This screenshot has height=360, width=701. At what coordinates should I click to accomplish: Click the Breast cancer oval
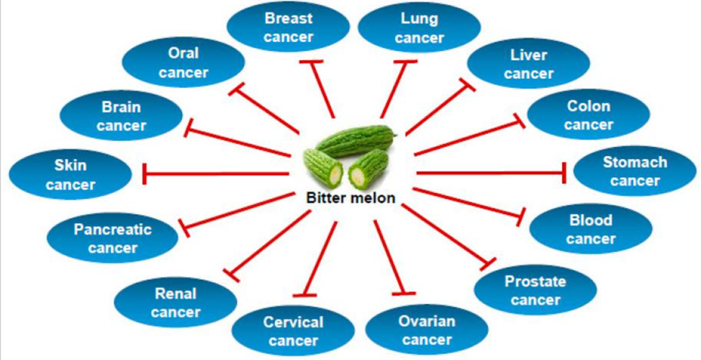click(x=288, y=27)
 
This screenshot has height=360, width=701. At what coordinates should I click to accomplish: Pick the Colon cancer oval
click(x=588, y=115)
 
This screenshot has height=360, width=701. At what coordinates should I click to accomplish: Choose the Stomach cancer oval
click(x=634, y=171)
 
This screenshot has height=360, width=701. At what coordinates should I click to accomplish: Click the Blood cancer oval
click(x=590, y=229)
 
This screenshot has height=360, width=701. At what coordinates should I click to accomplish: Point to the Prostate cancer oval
click(x=535, y=289)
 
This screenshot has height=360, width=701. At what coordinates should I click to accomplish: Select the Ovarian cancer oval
click(x=427, y=329)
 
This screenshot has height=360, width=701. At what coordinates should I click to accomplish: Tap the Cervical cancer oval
click(x=293, y=330)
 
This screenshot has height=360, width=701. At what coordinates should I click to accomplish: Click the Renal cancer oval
click(x=175, y=302)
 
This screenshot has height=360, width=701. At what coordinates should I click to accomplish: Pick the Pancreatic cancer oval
click(x=112, y=238)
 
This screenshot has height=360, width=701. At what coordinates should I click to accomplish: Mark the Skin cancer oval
click(x=71, y=175)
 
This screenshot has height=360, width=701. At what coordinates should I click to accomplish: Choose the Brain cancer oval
click(x=121, y=117)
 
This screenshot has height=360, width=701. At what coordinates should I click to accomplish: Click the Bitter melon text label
click(x=350, y=199)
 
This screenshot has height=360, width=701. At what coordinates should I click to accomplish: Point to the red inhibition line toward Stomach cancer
click(x=489, y=173)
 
